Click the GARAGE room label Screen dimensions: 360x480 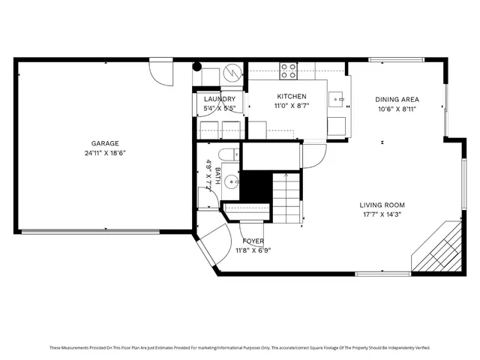tap(105, 143)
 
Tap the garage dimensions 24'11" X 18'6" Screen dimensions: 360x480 tap(105, 153)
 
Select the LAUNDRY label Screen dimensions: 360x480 tap(220, 99)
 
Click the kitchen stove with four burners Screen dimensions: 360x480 tap(289, 70)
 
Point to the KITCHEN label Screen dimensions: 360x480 tap(292, 97)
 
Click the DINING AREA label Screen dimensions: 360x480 tap(397, 99)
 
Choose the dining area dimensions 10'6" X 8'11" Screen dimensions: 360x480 tap(397, 109)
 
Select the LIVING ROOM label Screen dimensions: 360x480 tap(382, 205)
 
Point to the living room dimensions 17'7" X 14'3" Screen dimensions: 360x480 tap(382, 214)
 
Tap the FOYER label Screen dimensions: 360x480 tap(253, 241)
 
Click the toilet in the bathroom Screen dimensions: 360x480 tap(231, 154)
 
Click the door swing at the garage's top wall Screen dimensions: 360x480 tap(160, 70)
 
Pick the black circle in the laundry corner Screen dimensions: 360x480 tap(197, 66)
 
